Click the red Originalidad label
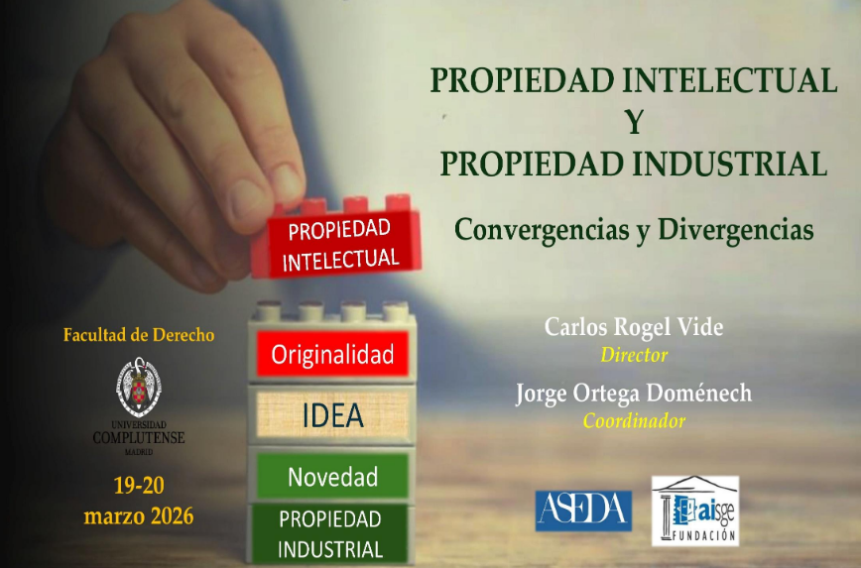(x=333, y=353)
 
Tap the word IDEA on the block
(x=333, y=415)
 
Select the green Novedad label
(x=332, y=477)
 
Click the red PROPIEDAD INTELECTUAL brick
(x=341, y=243)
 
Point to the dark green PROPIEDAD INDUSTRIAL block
(x=330, y=534)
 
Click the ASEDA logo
(x=583, y=510)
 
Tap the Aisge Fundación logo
(x=694, y=511)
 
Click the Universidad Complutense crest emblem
(x=139, y=387)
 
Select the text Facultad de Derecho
(x=139, y=335)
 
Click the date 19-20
(x=139, y=486)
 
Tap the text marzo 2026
(x=139, y=515)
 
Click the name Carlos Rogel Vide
(x=634, y=328)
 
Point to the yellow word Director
(x=634, y=355)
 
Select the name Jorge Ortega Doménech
(x=634, y=394)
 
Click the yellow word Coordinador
(x=634, y=421)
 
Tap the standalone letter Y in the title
(x=634, y=122)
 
